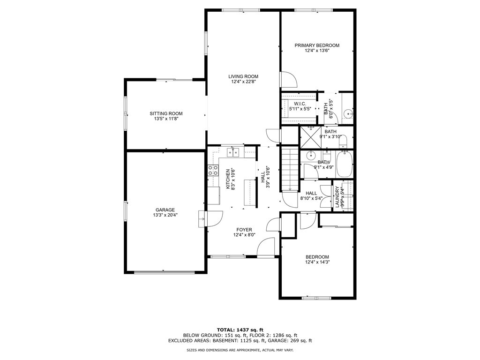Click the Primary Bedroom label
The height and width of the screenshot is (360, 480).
317,45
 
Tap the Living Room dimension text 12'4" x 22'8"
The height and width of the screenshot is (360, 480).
243,82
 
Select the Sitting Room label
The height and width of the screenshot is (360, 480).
166,113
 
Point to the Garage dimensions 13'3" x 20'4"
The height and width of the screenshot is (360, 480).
165,215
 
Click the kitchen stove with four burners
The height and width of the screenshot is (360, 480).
213,170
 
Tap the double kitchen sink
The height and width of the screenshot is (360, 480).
233,152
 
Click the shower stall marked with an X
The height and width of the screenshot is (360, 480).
309,136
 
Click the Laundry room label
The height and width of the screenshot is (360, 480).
337,197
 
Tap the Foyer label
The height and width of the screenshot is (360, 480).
244,230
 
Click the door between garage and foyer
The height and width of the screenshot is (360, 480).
214,219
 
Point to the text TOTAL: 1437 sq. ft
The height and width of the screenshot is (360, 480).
240,330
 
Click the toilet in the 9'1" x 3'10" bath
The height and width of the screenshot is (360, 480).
343,141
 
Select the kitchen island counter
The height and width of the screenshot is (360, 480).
249,192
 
